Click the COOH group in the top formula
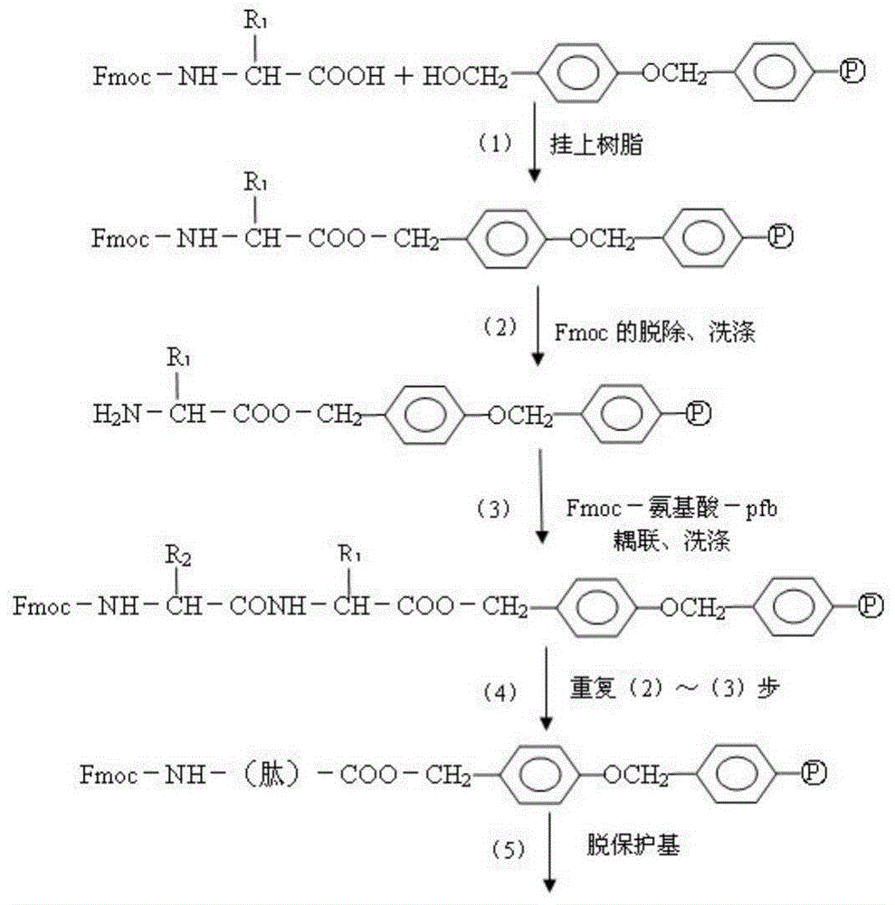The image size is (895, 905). tap(347, 76)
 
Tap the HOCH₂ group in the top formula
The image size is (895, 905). tap(465, 76)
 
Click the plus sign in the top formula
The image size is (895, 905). tap(405, 76)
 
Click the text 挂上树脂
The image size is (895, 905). tap(596, 144)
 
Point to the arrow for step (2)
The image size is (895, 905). tap(538, 326)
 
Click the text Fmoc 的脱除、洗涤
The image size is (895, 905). tap(655, 332)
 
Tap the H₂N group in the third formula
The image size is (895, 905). tap(117, 414)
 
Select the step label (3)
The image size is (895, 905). tap(494, 509)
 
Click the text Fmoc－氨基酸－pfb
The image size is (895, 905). tap(671, 508)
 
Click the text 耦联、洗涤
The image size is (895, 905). tap(671, 541)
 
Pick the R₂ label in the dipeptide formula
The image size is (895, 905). tap(178, 556)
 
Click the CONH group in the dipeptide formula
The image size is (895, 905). tap(268, 605)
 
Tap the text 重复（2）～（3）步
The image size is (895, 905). tap(675, 688)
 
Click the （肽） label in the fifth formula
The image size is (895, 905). tap(271, 774)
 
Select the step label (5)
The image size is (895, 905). tap(509, 849)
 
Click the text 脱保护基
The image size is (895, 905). tap(633, 845)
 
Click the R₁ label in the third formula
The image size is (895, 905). tap(179, 357)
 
